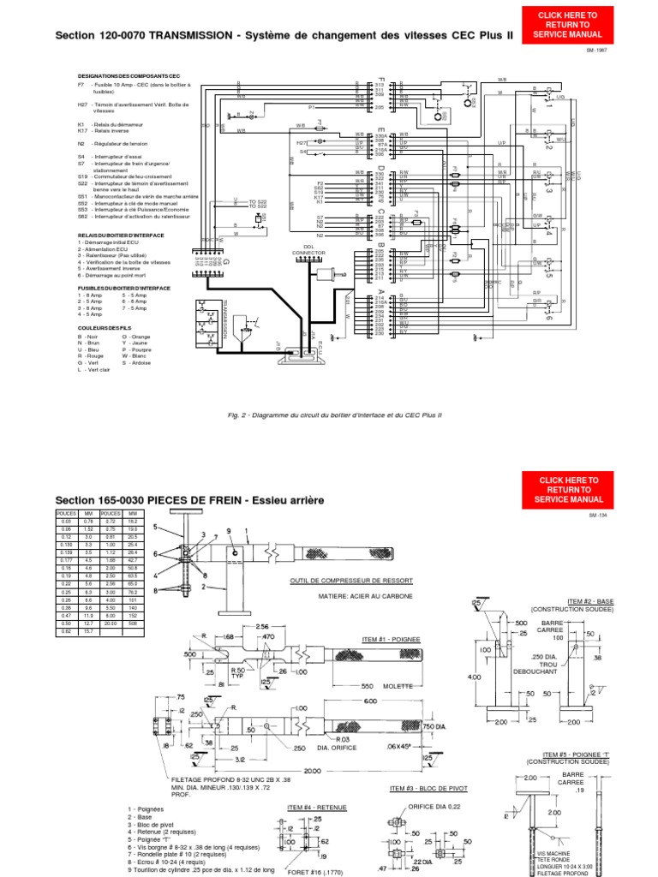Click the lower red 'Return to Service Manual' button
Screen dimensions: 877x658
(x=569, y=489)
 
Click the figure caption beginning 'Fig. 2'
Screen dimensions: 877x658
(x=334, y=415)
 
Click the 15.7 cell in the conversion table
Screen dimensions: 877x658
(x=88, y=631)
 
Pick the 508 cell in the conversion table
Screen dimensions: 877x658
(x=134, y=623)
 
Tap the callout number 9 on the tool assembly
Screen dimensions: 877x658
(x=230, y=532)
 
